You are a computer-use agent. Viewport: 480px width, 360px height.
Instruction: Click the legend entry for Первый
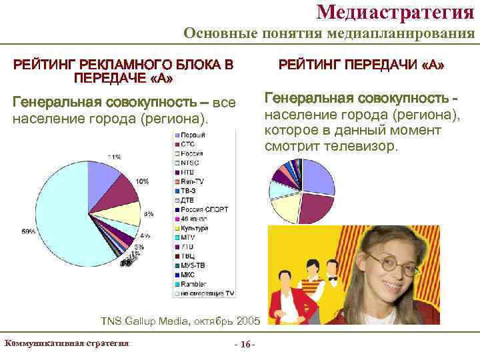pos(192,135)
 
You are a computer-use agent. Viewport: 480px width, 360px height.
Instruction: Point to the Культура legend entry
pos(195,228)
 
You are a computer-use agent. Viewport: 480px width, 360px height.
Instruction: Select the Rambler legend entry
pos(193,283)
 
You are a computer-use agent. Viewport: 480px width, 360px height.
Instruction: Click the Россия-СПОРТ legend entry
pos(203,209)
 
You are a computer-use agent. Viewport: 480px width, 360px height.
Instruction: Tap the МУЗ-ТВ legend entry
pos(193,265)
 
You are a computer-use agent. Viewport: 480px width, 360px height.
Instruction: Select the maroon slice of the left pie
pos(113,190)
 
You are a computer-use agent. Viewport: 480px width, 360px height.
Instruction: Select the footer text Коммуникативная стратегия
pos(66,343)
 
